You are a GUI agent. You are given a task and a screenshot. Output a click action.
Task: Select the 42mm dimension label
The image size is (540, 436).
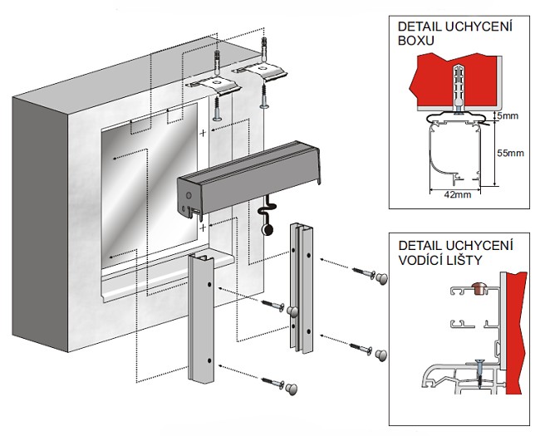[456, 194]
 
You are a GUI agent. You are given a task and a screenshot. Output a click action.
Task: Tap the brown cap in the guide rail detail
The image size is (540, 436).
[477, 287]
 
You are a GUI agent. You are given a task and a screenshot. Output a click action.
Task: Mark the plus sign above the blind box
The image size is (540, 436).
[203, 132]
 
